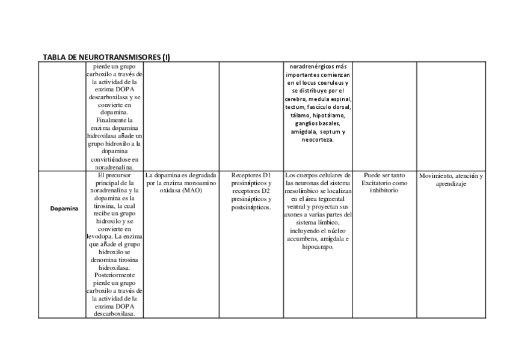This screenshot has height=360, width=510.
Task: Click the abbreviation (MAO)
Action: pyautogui.click(x=192, y=191)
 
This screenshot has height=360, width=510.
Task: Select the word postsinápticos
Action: pyautogui.click(x=251, y=207)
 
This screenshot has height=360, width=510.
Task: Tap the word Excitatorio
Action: pyautogui.click(x=375, y=183)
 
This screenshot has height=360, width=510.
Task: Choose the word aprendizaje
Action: pyautogui.click(x=452, y=184)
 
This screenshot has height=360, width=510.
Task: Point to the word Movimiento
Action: pyautogui.click(x=437, y=175)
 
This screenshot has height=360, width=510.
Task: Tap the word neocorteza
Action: pyautogui.click(x=318, y=140)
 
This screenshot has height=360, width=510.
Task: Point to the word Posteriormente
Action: pyautogui.click(x=114, y=274)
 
